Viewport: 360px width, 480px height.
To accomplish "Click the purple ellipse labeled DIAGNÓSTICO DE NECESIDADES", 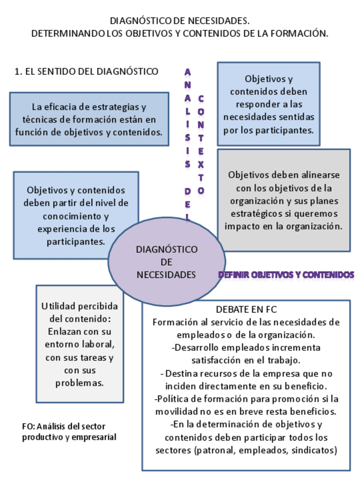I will pyautogui.click(x=166, y=262).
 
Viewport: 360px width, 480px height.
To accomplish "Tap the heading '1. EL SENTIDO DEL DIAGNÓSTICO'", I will pyautogui.click(x=86, y=71).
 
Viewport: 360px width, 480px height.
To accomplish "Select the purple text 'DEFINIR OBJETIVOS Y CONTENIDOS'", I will pyautogui.click(x=286, y=275).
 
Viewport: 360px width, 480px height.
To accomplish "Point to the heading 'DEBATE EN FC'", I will pyautogui.click(x=246, y=310).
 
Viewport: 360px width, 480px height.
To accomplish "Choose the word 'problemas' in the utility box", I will pyautogui.click(x=79, y=383).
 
